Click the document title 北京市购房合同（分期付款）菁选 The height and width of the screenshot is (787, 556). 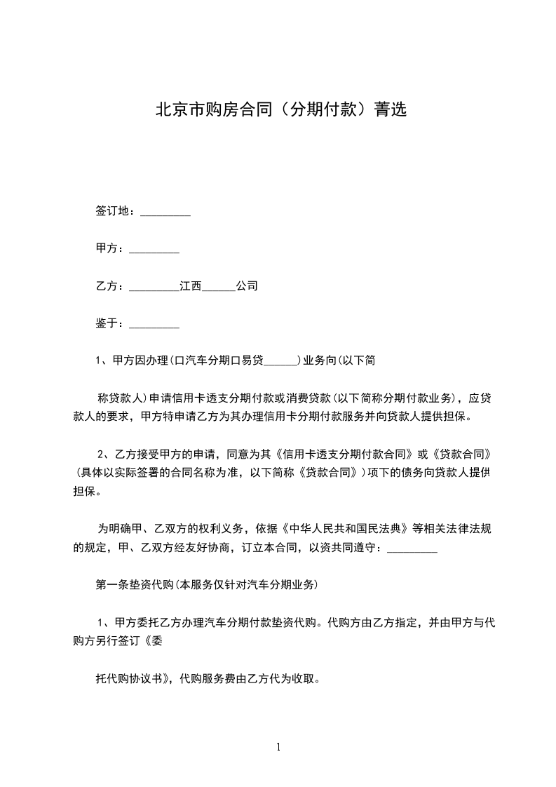(280, 110)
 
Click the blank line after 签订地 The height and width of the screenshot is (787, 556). (165, 213)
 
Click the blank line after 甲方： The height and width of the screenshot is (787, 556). (154, 251)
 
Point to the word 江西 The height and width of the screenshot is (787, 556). (190, 286)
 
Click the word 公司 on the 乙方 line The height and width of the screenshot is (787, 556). (247, 286)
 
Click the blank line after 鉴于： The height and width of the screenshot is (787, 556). (154, 326)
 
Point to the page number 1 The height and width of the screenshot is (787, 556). (278, 747)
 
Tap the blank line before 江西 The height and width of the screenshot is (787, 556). (154, 288)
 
